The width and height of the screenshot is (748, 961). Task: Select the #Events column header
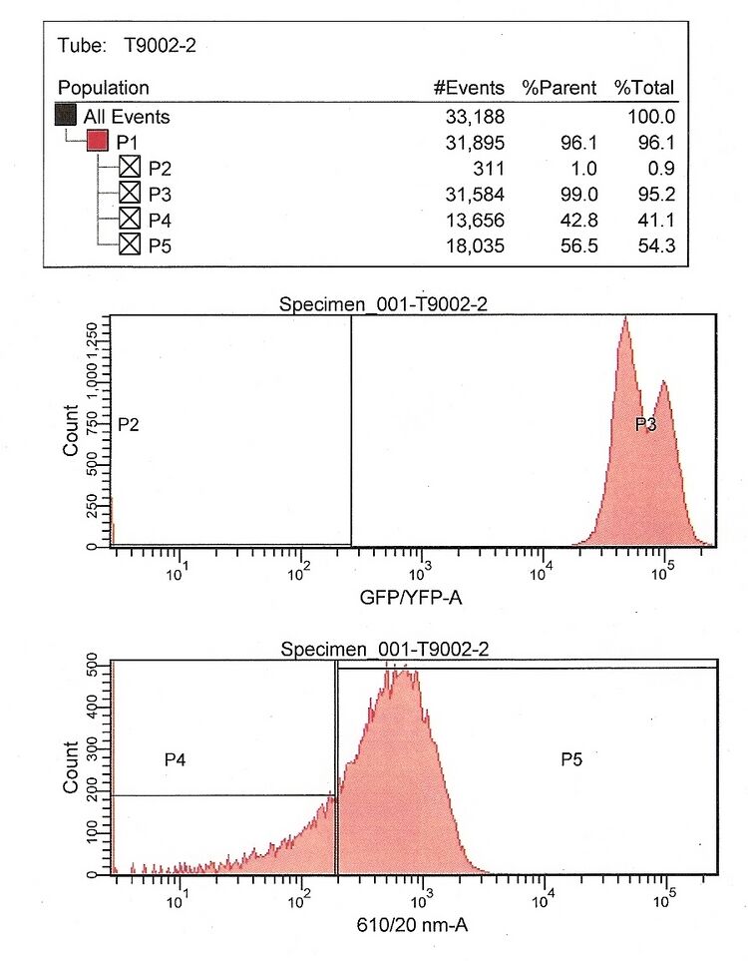point(469,88)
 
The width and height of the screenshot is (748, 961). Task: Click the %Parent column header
point(560,88)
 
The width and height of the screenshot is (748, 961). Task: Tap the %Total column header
point(644,88)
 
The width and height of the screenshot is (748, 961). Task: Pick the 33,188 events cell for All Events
point(475,117)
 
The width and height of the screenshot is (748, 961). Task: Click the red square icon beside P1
point(98,142)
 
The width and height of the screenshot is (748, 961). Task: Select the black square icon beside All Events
point(66,117)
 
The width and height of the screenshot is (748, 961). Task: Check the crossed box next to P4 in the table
point(130,218)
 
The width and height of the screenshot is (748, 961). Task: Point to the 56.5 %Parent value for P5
point(579,243)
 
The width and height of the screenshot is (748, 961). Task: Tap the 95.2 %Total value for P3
point(658,193)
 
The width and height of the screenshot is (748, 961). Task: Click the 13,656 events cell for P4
point(475,218)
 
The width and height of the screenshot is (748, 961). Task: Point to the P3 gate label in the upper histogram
point(646,425)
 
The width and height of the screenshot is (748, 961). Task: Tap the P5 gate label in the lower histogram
point(571,760)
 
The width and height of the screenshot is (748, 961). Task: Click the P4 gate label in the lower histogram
point(176,760)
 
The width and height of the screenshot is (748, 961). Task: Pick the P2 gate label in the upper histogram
point(128,425)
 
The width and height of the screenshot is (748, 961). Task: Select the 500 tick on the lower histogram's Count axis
point(92,661)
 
